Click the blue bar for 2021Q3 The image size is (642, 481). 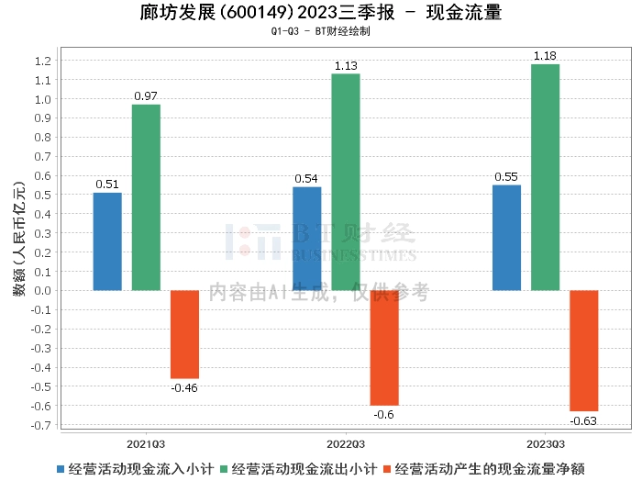click(x=107, y=241)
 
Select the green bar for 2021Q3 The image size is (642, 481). click(x=146, y=197)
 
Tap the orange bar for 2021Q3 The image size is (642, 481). click(x=184, y=334)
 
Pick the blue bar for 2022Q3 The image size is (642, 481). click(x=307, y=239)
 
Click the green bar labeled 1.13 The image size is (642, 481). click(x=346, y=182)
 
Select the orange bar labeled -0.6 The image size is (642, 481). click(x=384, y=348)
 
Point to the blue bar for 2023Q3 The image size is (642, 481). click(x=506, y=238)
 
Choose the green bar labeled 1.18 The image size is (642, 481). click(x=545, y=177)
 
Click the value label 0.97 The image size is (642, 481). click(x=146, y=96)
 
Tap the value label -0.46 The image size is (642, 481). click(x=184, y=387)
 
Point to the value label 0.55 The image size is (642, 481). click(x=506, y=177)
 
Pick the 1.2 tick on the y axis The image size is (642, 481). click(x=42, y=62)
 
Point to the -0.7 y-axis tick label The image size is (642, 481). click(x=40, y=425)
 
